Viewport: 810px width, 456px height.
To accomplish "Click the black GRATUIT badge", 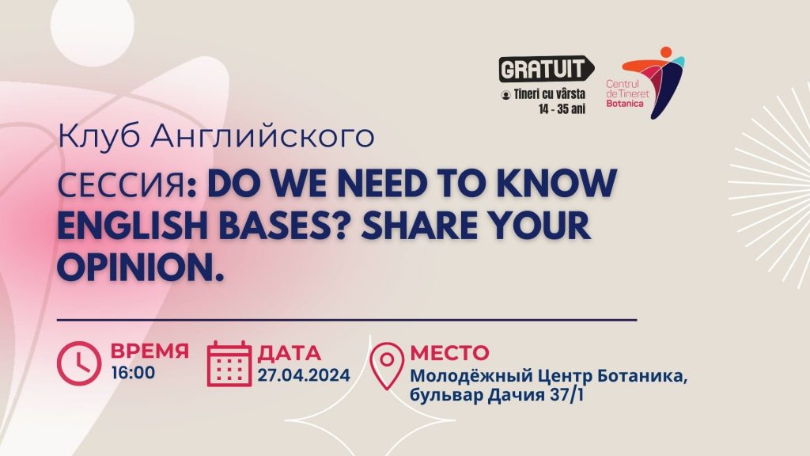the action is (546, 69).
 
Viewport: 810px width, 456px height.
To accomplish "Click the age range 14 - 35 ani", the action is (562, 109).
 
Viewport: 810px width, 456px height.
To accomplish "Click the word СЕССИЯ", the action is (121, 185).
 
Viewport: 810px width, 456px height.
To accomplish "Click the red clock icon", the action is (79, 363).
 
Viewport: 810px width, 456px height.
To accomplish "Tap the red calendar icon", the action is (229, 364).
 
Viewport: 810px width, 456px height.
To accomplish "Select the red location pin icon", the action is (388, 366).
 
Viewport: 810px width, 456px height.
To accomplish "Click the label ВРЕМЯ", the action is (150, 351).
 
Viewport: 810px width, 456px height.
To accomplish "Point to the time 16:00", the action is (133, 373).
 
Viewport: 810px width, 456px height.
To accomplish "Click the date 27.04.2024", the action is (304, 374).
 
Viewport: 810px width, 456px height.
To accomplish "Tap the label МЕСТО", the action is (449, 352).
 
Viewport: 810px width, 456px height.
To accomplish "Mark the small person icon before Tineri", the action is (505, 95).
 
